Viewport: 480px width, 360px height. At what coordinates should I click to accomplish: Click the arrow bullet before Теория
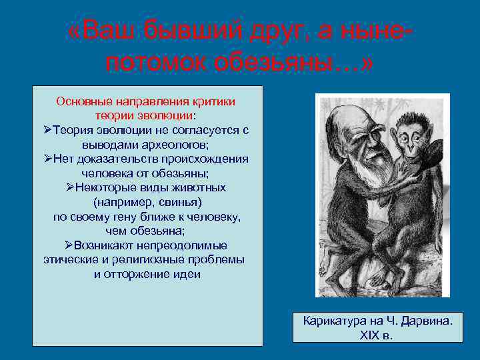(x=47, y=130)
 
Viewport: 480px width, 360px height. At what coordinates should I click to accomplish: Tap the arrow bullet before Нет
(x=47, y=159)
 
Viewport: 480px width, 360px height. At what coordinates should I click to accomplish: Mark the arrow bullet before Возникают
(x=69, y=245)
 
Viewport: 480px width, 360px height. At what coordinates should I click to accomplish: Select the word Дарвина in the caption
(x=425, y=321)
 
